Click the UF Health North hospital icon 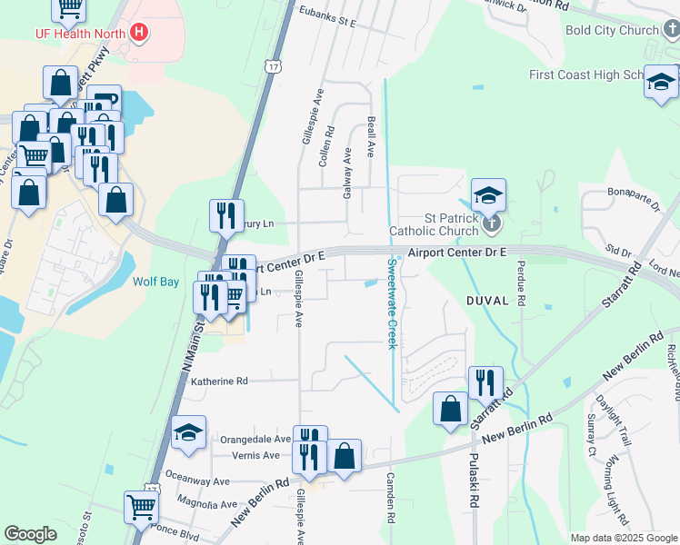pos(139,34)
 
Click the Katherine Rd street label pos(218,382)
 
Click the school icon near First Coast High pos(661,84)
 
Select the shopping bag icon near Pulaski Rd pos(451,408)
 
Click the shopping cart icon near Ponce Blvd pos(141,506)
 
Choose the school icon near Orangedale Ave pos(188,432)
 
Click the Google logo pos(30,534)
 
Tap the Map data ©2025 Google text pos(624,538)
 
